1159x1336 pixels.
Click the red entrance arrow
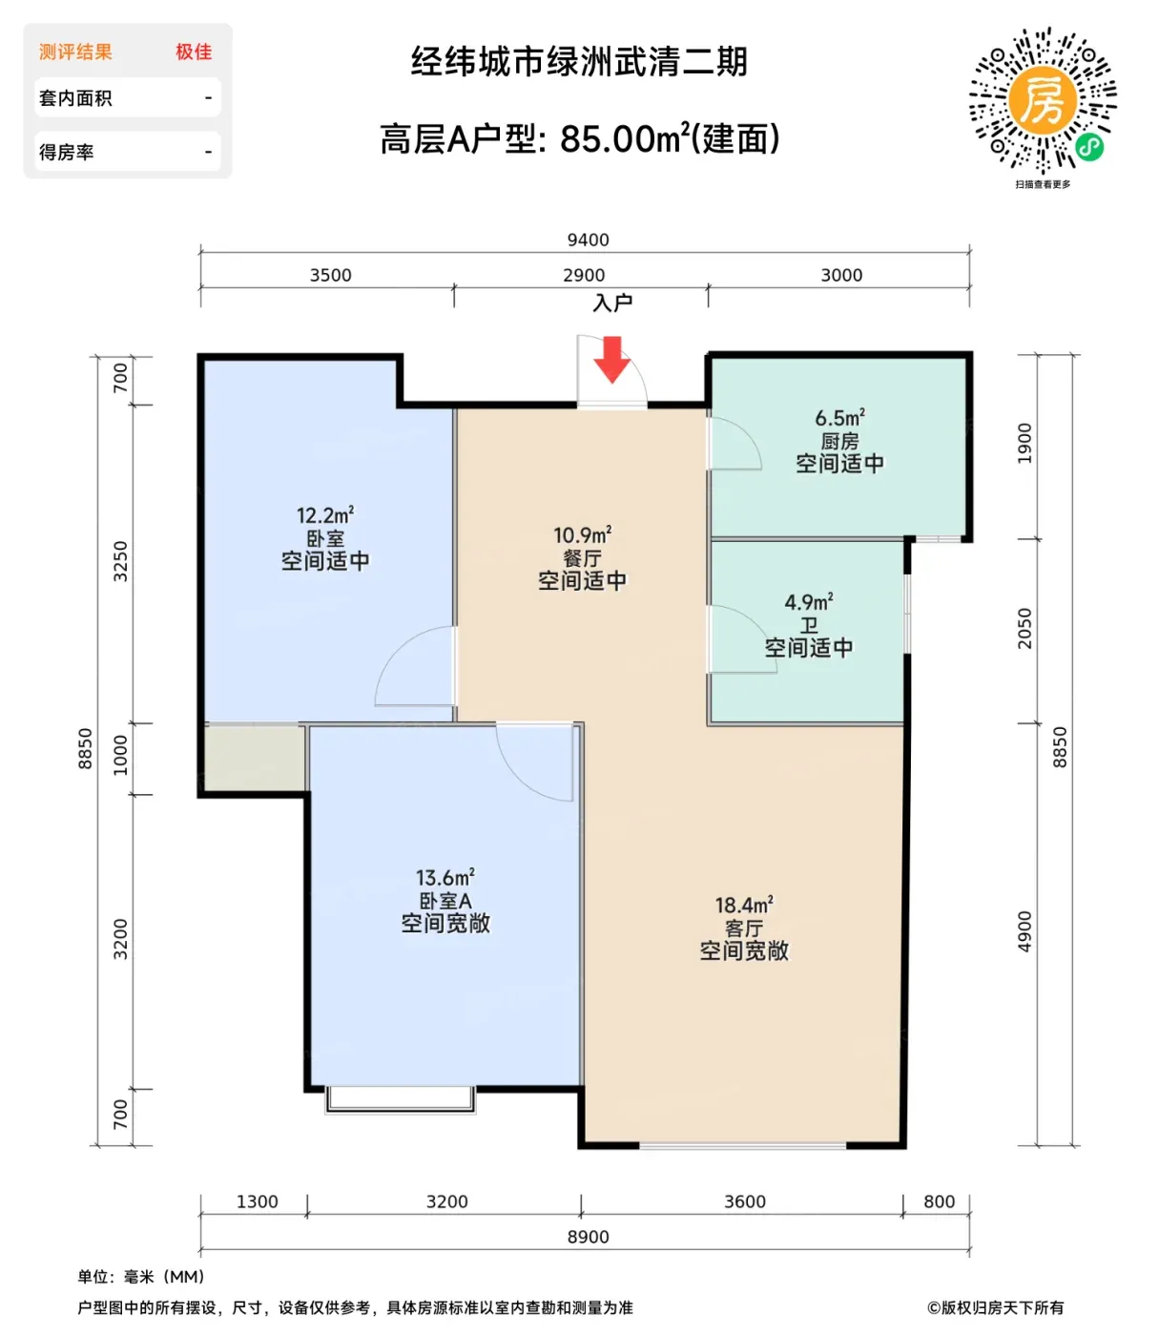(611, 359)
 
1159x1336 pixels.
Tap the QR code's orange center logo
(1042, 99)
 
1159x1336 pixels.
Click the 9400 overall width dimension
(588, 240)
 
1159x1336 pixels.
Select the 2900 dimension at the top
(584, 275)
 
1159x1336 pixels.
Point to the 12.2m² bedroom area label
(325, 515)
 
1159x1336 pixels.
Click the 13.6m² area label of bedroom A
(445, 878)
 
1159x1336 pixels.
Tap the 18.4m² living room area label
(744, 905)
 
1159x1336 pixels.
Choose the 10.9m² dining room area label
(582, 534)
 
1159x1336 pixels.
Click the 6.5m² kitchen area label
(839, 417)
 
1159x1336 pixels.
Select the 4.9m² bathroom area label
(809, 601)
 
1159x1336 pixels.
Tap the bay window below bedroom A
(400, 1099)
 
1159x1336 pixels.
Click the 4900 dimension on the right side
(1024, 931)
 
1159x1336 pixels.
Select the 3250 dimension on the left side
(121, 561)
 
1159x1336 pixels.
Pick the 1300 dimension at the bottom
(257, 1201)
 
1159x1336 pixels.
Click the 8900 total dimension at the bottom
(588, 1237)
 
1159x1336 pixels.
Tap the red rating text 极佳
(194, 52)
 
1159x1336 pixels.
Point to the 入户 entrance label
(612, 303)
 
